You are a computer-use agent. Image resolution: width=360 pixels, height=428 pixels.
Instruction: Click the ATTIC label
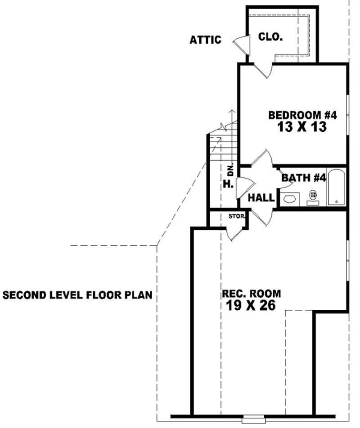tap(205, 40)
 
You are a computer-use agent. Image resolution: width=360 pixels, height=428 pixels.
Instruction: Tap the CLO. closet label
tap(270, 37)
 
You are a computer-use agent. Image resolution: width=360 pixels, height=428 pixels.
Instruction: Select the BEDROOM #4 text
tap(302, 115)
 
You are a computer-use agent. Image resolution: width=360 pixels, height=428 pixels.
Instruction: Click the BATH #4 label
tap(303, 178)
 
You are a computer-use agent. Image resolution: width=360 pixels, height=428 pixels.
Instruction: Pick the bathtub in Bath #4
tap(336, 187)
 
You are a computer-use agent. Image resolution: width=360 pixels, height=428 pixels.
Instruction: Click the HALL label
tap(261, 197)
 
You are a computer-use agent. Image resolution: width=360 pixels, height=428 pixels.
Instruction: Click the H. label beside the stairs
tap(228, 184)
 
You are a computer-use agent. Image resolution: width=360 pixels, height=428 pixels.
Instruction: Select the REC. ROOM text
tap(251, 294)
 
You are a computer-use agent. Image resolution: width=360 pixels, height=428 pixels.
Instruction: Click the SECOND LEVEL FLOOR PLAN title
tap(77, 295)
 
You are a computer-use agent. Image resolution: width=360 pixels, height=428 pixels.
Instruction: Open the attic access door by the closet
tap(242, 44)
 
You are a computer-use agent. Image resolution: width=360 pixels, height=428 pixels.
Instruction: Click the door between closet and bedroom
tap(263, 70)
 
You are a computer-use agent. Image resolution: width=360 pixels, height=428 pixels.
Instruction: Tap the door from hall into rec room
tap(263, 216)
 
